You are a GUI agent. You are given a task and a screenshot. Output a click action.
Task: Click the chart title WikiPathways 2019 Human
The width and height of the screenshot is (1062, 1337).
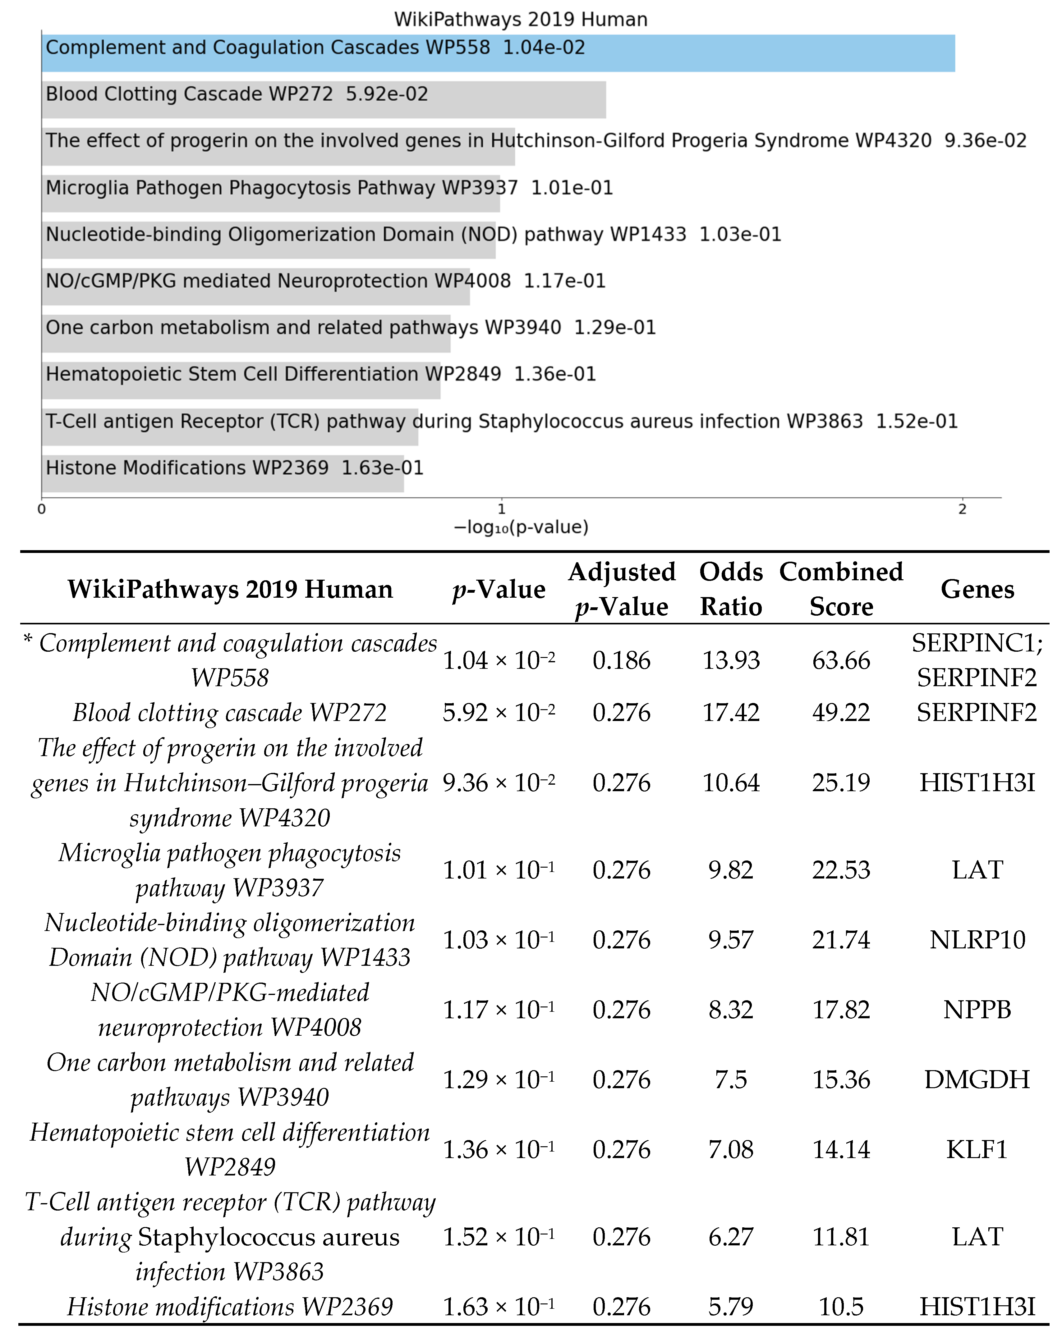(x=521, y=19)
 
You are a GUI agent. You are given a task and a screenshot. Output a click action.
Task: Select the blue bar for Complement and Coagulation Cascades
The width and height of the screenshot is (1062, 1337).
(x=744, y=53)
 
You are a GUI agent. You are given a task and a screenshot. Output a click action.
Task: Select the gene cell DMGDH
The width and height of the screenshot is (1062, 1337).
(x=977, y=1080)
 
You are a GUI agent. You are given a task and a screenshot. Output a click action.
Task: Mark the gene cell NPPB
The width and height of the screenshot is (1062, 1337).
(x=977, y=1010)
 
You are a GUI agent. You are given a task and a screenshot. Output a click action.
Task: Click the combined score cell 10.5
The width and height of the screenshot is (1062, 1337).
(x=841, y=1307)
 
